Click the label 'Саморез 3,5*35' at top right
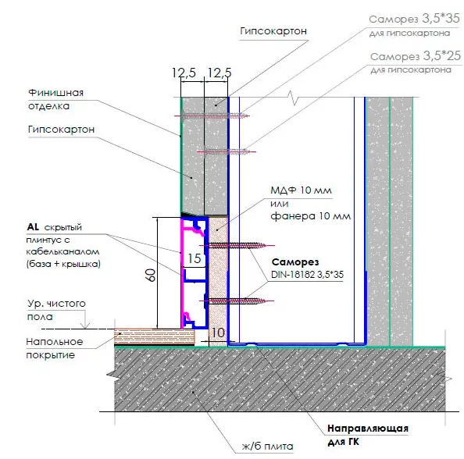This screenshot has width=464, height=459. pos(414,20)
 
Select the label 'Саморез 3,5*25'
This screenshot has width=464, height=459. pos(416,56)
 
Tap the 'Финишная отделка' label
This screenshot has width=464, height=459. pos(56,99)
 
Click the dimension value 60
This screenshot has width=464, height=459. pos(151,275)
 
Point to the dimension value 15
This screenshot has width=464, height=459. pos(195,258)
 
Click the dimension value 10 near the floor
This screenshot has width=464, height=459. pos(218,333)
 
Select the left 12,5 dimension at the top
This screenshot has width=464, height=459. pos(184,73)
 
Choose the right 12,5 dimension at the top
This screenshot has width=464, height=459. pos(220,73)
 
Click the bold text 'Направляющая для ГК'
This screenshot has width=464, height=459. pos(368,435)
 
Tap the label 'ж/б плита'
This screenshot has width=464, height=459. pos(267,446)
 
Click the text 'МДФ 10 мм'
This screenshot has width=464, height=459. pos(301,190)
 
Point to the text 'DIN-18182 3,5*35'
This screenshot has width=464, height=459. pos(307,275)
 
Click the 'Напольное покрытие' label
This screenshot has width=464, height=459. pos(55,348)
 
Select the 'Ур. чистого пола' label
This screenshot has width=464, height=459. pos(56,310)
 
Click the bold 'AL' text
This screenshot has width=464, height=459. pos(33,227)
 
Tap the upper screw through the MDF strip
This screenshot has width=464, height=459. pos(237,245)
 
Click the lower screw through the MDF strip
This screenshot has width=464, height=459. pos(237,301)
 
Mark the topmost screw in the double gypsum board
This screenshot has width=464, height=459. pos(212,116)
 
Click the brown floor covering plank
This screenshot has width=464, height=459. pos(155,336)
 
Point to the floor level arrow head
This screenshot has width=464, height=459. pos(85,326)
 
